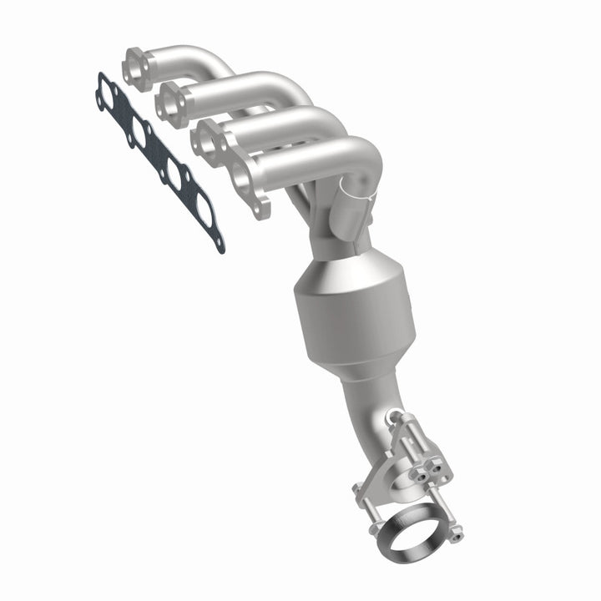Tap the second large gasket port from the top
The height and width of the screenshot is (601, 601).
click(x=135, y=132)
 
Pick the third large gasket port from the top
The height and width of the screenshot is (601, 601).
click(x=171, y=173)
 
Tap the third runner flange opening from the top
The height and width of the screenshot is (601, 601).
click(x=207, y=138)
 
